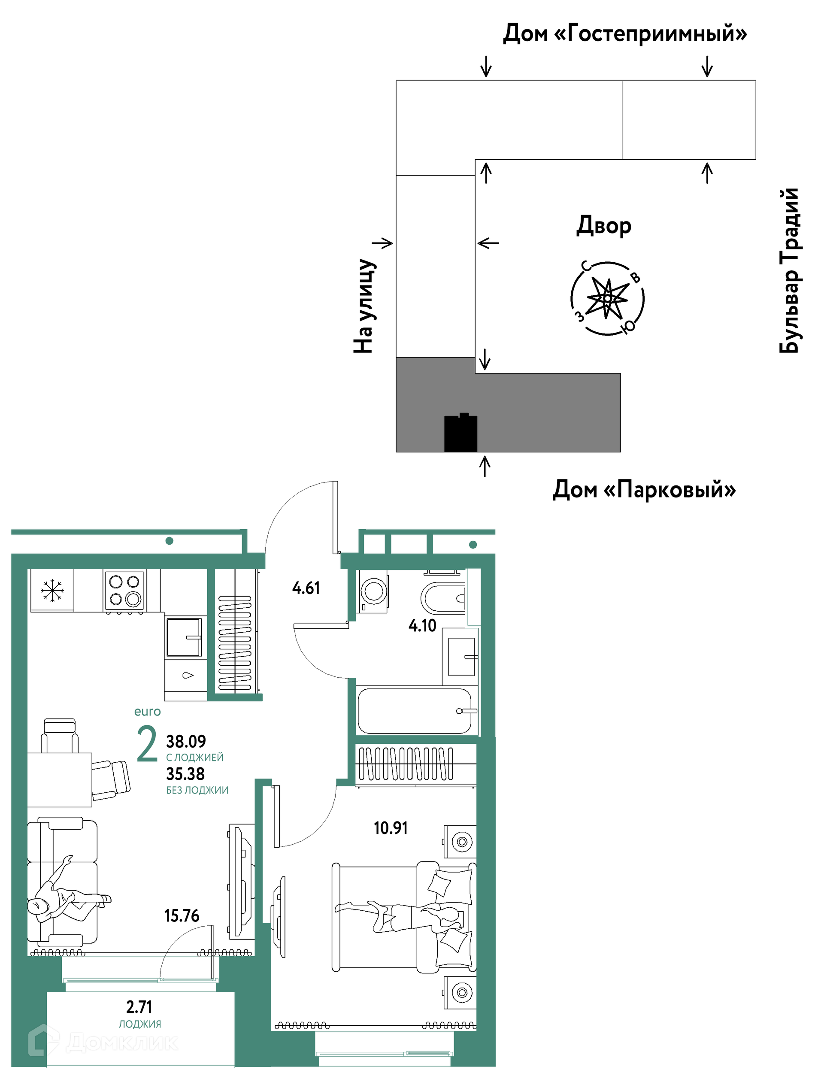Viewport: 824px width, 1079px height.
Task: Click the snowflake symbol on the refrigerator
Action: (52, 590)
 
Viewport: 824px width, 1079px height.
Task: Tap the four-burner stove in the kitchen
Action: (124, 591)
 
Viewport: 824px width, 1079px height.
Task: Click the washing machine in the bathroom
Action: (373, 591)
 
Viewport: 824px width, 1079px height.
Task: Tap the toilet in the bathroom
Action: (442, 598)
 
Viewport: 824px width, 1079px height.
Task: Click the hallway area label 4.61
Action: (306, 588)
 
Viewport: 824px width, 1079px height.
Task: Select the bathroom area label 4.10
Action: (422, 625)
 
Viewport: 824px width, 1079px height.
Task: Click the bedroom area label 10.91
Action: (391, 828)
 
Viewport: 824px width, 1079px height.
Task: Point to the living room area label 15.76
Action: (182, 915)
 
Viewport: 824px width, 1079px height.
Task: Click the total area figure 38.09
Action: (186, 741)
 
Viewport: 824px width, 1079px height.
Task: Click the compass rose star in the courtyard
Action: (608, 298)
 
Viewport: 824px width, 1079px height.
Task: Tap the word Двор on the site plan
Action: (604, 226)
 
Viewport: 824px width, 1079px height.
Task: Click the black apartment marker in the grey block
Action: (460, 432)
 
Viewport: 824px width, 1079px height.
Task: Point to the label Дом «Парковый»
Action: (644, 489)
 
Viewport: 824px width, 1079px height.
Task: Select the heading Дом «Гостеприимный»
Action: (625, 33)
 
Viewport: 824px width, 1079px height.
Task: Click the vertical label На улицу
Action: (364, 306)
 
